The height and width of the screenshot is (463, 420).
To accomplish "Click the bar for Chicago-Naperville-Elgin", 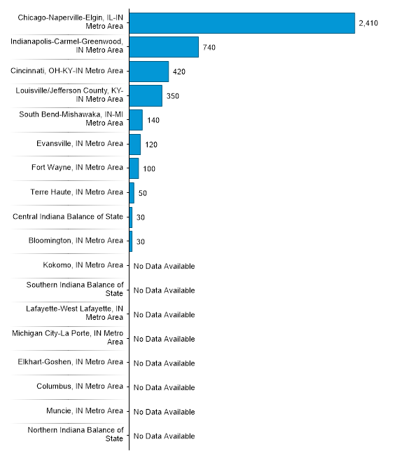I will click(x=242, y=23).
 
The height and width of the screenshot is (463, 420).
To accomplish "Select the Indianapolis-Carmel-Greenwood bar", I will click(x=164, y=47).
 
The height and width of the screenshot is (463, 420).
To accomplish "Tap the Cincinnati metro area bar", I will click(x=149, y=71).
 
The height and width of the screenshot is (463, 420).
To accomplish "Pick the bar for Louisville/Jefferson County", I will click(x=146, y=95).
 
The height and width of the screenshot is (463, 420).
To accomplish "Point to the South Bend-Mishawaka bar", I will click(x=136, y=120).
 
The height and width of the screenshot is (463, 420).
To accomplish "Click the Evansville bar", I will click(x=135, y=144).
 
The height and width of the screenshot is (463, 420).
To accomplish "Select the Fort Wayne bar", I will click(x=134, y=168).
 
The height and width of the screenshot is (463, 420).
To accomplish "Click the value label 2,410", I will click(x=368, y=23).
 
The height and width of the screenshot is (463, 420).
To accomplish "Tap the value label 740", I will click(x=209, y=47).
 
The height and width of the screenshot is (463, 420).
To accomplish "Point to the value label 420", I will click(x=180, y=72).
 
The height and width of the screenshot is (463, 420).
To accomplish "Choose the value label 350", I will click(x=173, y=95).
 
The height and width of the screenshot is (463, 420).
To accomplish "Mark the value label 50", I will click(x=143, y=193).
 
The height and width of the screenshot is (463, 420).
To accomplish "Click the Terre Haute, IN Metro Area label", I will click(x=77, y=192).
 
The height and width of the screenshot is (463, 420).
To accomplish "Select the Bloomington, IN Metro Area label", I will click(x=76, y=241).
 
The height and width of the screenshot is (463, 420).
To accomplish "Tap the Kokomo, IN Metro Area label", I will click(x=83, y=265).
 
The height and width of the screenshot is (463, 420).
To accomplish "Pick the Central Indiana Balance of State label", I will click(x=68, y=217).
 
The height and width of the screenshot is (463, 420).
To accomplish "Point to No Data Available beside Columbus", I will click(x=164, y=387).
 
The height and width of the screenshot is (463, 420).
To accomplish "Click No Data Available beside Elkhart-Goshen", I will click(x=164, y=363).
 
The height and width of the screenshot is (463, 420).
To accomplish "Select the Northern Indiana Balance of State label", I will click(x=76, y=434).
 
